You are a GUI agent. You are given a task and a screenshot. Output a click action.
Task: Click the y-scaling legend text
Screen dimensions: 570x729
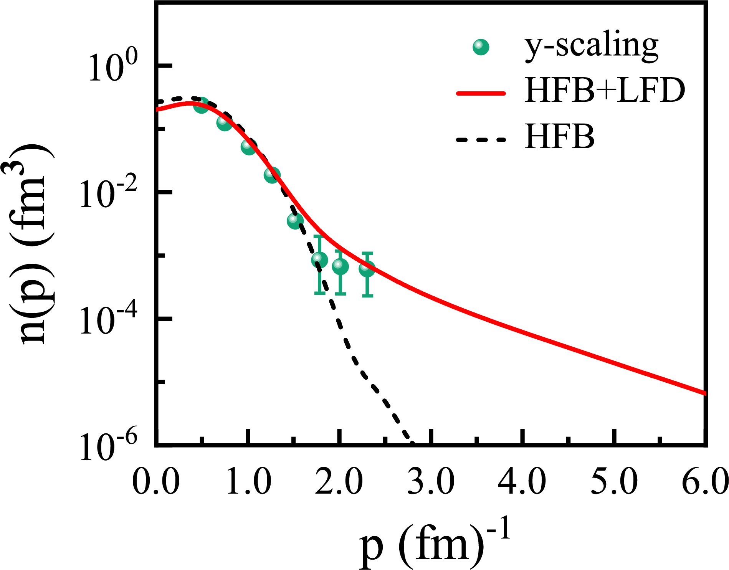[x=591, y=47]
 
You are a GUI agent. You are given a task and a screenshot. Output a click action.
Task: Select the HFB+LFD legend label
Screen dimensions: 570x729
[x=605, y=91]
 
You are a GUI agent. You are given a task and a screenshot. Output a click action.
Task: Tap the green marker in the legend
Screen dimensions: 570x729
[x=481, y=47]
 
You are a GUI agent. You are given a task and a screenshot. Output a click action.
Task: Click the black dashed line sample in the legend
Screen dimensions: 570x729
[x=481, y=139]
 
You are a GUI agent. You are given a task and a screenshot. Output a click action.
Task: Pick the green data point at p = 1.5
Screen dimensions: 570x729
[x=295, y=220]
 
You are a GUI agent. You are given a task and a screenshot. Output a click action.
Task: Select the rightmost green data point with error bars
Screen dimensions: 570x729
[x=367, y=269]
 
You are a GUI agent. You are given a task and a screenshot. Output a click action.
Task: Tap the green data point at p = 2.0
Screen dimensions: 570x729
[x=340, y=266]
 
